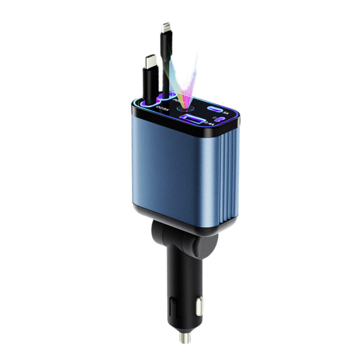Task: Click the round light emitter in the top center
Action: tap(184, 108)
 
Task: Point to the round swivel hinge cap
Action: tap(160, 236)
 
